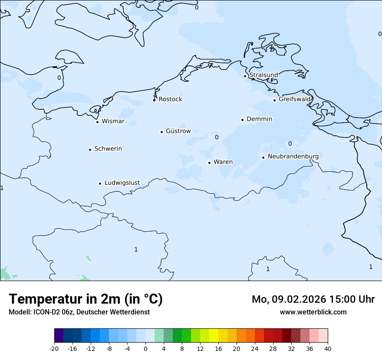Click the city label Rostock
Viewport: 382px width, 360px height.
coord(170,99)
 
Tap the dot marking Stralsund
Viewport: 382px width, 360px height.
coord(245,76)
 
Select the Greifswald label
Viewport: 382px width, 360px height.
coord(295,99)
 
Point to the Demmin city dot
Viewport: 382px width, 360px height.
coord(242,120)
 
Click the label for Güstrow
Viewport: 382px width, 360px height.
coord(178,131)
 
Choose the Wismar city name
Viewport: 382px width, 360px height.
coord(113,121)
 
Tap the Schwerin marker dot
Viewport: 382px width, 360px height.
coord(90,150)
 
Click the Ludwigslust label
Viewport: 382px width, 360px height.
coord(122,183)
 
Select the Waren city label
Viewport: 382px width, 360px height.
coord(223,162)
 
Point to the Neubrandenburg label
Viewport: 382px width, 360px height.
coord(293,156)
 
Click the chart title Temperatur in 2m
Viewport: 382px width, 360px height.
coord(86,299)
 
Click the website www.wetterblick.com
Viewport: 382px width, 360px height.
coord(313,312)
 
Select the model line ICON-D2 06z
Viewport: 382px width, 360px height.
coord(79,312)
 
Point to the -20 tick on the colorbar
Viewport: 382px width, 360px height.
coord(54,348)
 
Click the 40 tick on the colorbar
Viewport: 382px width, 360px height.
coord(328,348)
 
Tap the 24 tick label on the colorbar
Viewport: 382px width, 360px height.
coord(255,348)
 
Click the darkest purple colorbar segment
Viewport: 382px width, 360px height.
coord(59,336)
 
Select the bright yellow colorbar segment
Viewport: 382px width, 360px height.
coord(214,336)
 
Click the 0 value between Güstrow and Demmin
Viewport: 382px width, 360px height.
coord(217,137)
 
